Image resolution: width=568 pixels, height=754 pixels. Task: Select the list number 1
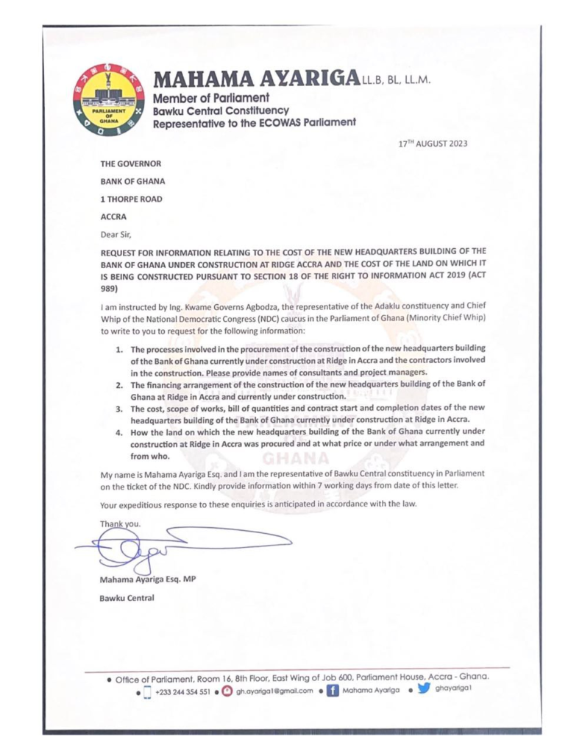pos(118,347)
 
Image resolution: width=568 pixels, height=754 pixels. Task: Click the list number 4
pos(118,432)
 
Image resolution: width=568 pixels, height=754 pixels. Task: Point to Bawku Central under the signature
pos(127,597)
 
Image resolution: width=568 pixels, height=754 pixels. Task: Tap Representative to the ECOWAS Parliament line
pos(254,123)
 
